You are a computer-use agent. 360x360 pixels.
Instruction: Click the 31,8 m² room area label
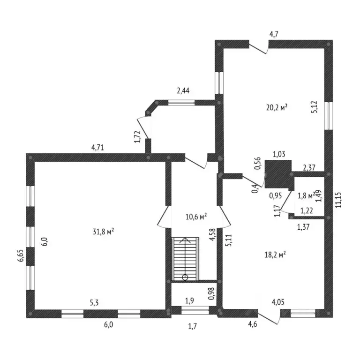(103, 232)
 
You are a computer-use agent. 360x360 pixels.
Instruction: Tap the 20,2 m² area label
(277, 107)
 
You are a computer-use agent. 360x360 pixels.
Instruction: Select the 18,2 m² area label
(275, 255)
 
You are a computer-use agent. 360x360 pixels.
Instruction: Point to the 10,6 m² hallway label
(196, 217)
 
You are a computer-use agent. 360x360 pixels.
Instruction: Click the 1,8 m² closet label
(306, 196)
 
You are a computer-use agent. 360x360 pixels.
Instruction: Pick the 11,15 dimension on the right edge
(338, 200)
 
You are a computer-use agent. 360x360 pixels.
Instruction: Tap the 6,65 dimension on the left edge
(22, 255)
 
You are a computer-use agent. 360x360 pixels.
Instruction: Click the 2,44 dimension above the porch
(183, 91)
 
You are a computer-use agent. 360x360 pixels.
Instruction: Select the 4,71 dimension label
(97, 147)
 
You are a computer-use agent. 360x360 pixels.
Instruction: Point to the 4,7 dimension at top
(274, 34)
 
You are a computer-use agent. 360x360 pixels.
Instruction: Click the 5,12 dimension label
(314, 107)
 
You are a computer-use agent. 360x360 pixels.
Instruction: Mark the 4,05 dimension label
(278, 302)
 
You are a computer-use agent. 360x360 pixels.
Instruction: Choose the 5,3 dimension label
(94, 303)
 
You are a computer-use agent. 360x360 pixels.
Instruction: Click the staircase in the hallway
(185, 259)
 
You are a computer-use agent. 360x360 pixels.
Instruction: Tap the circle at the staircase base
(185, 277)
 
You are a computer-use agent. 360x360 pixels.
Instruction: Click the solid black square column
(278, 174)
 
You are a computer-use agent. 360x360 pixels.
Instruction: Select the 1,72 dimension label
(137, 137)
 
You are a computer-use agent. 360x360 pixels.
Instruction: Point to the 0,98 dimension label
(211, 293)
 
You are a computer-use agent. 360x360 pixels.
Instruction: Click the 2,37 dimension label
(309, 168)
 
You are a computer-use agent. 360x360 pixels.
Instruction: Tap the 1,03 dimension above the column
(279, 154)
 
